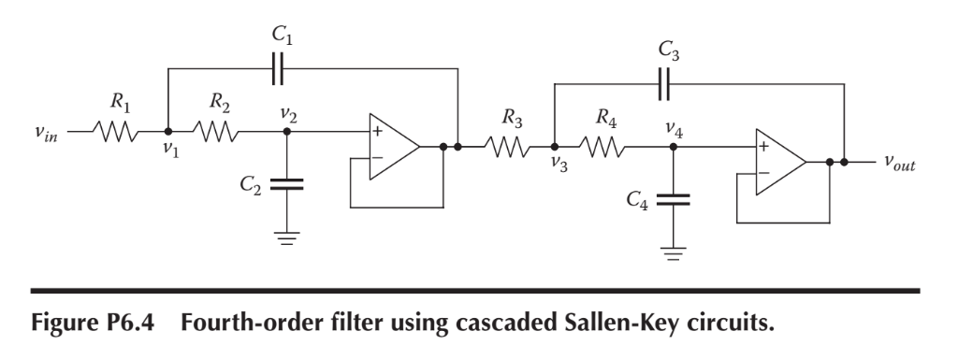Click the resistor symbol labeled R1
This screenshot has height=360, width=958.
[118, 132]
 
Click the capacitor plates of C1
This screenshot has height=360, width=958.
[278, 68]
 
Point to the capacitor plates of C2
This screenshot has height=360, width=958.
[286, 182]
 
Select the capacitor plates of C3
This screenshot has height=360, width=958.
[665, 84]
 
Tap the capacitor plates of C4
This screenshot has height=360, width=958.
[673, 198]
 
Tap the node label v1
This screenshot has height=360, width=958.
[168, 150]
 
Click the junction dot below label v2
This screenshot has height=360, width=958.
[286, 132]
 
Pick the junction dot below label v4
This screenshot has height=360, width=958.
[673, 147]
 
